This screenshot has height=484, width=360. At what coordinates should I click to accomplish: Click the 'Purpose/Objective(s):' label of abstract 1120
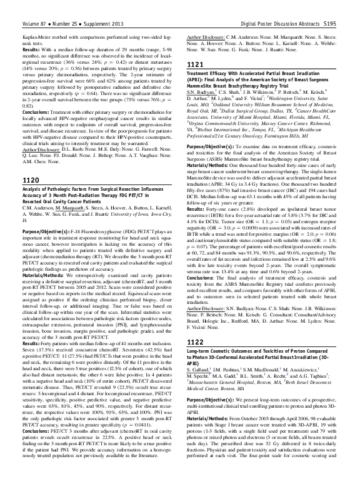[39, 214]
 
